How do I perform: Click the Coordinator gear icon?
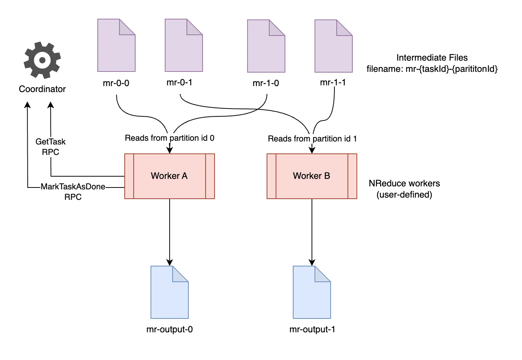(x=42, y=60)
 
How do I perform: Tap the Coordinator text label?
(x=42, y=89)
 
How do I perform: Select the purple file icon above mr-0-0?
(x=116, y=46)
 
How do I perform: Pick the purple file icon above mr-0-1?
(x=183, y=46)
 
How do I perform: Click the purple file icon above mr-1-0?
(x=266, y=46)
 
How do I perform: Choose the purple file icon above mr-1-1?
(x=333, y=46)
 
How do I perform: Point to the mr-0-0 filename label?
(x=116, y=83)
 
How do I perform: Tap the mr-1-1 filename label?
(x=333, y=82)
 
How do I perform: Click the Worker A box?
(x=169, y=176)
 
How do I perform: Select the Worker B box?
(x=312, y=176)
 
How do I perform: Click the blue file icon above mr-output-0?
(x=169, y=292)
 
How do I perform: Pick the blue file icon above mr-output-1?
(x=312, y=292)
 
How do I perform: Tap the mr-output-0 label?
(x=170, y=329)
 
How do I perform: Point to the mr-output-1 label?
(x=312, y=329)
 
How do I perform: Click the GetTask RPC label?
(x=51, y=147)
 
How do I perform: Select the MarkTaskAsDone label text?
(x=73, y=187)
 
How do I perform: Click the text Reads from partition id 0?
(x=170, y=138)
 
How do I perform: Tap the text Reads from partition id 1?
(x=312, y=139)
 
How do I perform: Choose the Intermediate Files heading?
(x=432, y=58)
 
